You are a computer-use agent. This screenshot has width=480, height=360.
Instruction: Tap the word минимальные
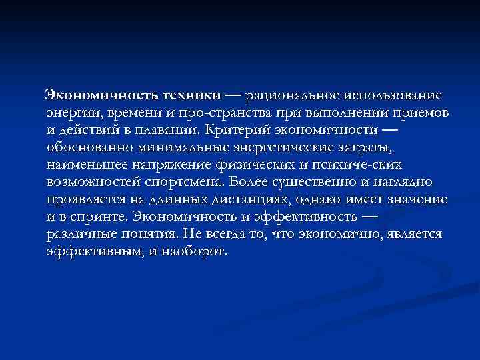point(165,146)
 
